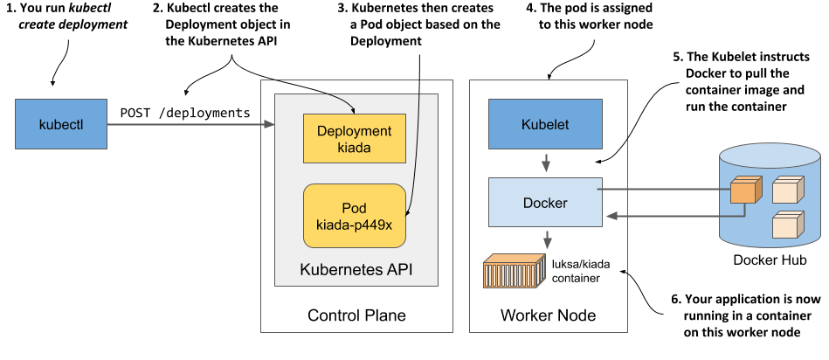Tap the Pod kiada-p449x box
(x=355, y=217)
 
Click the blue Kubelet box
(x=544, y=124)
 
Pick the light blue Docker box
(x=544, y=203)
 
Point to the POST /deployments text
(x=185, y=112)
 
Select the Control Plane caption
(x=356, y=315)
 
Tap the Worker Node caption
(x=548, y=315)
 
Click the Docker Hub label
(x=770, y=260)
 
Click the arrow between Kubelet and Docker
(x=546, y=163)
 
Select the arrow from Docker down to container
(x=546, y=239)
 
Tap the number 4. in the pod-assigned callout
(x=533, y=8)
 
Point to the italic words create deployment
(x=67, y=24)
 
